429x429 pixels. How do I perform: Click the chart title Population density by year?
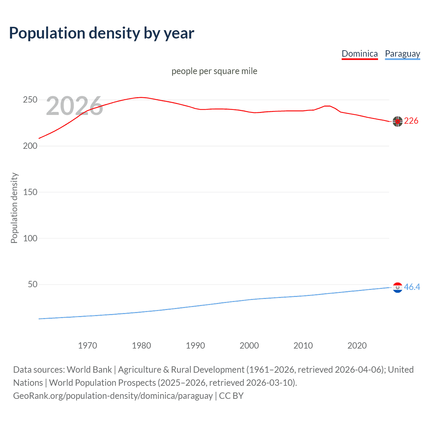pos(102,33)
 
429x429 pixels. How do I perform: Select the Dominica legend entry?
pos(360,54)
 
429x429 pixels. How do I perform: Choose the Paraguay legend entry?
pos(402,54)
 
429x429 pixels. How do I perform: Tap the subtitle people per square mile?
pos(214,71)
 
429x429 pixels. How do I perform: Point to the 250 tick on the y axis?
pos(30,100)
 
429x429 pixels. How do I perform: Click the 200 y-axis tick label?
pos(30,146)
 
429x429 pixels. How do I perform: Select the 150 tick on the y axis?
pos(30,192)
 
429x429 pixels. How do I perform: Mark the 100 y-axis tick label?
pos(30,238)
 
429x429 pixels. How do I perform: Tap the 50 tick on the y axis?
pos(33,285)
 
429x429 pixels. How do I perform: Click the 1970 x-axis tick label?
pos(87,346)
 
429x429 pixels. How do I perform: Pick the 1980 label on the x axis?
pos(141,346)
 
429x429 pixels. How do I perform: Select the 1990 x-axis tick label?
pos(195,346)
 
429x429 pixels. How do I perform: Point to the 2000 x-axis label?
pos(249,346)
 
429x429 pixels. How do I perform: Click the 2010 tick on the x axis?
pos(303,346)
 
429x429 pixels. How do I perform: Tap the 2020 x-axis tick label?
pos(357,346)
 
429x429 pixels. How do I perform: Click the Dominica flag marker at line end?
pos(397,122)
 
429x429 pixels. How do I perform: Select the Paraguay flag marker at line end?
pos(397,288)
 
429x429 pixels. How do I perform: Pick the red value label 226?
pos(411,121)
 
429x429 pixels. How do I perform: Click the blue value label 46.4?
pos(412,287)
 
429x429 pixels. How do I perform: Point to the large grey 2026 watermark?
pos(74,106)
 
